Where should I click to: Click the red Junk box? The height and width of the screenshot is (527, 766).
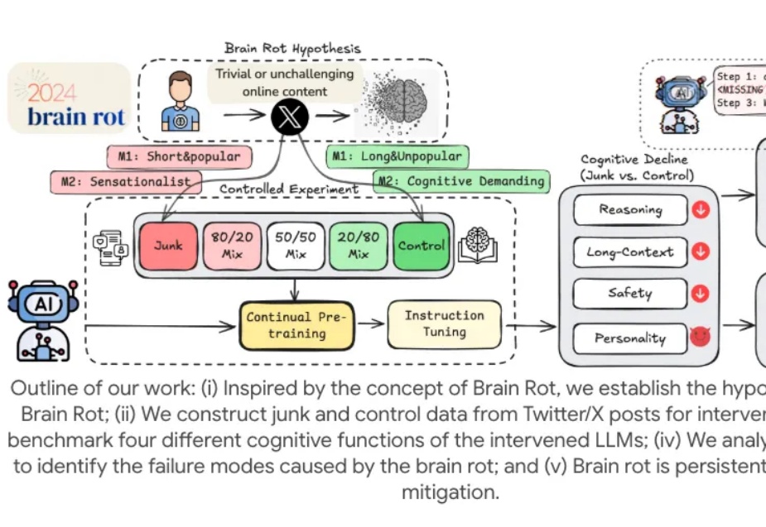[x=169, y=246]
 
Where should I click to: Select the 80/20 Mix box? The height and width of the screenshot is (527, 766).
[x=232, y=246]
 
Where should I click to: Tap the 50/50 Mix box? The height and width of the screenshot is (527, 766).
[x=296, y=246]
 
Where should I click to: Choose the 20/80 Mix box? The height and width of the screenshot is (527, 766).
[x=359, y=246]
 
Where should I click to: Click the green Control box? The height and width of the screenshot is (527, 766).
[x=422, y=246]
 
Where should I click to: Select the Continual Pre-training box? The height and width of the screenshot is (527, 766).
[x=296, y=324]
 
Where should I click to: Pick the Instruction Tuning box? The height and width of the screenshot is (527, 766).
[x=445, y=323]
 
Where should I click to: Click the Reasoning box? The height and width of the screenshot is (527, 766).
[x=630, y=210]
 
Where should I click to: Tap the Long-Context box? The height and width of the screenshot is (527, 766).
[x=630, y=252]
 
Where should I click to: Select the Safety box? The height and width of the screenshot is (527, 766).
[x=630, y=293]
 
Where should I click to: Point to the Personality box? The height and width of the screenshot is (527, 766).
[x=630, y=338]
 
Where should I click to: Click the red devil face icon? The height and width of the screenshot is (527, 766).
[x=701, y=338]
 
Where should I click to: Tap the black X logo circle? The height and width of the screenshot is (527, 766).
[x=289, y=117]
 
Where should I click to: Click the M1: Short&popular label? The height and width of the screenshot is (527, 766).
[x=180, y=156]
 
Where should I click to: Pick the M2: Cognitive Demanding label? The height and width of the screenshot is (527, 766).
[x=461, y=180]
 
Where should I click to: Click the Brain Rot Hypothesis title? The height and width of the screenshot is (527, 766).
[x=292, y=49]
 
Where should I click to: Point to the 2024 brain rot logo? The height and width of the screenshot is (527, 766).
[x=70, y=98]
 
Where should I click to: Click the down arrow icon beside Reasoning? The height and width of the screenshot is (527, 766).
[x=701, y=210]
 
